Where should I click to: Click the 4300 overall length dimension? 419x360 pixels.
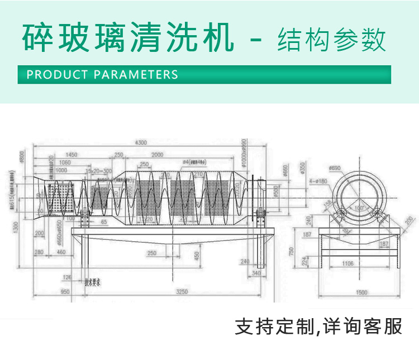coord(141,143)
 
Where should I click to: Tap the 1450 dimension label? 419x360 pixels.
coord(70,155)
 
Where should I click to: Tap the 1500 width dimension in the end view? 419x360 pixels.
coord(361,292)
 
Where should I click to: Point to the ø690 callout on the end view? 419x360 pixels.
coord(335,168)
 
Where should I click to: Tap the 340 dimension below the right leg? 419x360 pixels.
coord(256,273)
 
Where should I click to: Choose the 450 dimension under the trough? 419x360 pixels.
coord(197,255)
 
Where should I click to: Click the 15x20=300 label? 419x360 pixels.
coord(98,171)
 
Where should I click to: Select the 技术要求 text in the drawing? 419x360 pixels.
coord(92,282)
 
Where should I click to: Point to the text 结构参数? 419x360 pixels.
coord(331,39)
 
